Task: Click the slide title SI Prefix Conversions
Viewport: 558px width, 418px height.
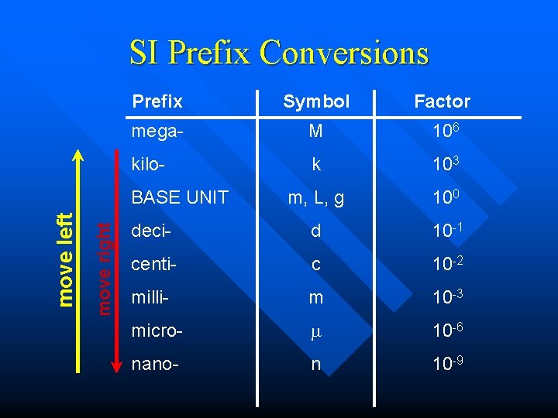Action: tap(278, 53)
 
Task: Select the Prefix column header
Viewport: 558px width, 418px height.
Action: tap(157, 101)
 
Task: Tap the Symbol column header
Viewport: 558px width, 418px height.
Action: tap(316, 101)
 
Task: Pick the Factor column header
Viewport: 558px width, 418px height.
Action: tap(442, 101)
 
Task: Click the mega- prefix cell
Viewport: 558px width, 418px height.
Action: tap(157, 132)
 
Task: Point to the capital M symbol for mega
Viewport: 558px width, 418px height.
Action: tap(315, 132)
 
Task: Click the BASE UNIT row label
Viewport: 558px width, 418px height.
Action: tap(180, 197)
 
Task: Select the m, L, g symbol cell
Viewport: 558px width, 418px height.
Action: tap(316, 198)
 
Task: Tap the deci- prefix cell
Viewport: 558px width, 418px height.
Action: tap(150, 231)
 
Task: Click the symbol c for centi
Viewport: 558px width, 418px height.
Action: tap(315, 265)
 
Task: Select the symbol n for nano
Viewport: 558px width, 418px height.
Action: tap(315, 365)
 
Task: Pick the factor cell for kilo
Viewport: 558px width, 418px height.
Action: tap(442, 164)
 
